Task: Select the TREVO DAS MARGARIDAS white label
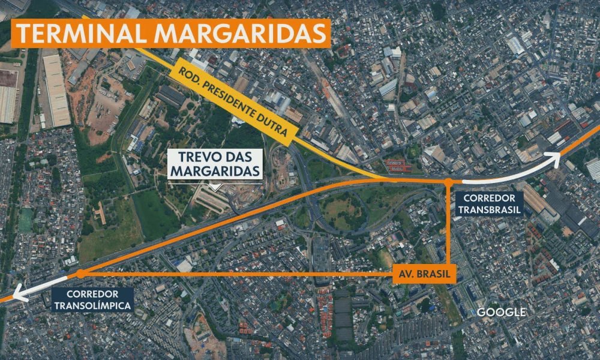tap(216, 164)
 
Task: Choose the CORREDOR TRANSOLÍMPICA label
tap(92, 299)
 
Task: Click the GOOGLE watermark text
tap(501, 312)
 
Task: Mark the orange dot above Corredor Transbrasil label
tap(448, 181)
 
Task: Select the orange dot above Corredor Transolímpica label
tap(80, 274)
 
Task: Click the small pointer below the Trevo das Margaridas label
tap(216, 185)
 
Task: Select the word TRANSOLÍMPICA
tap(92, 305)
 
